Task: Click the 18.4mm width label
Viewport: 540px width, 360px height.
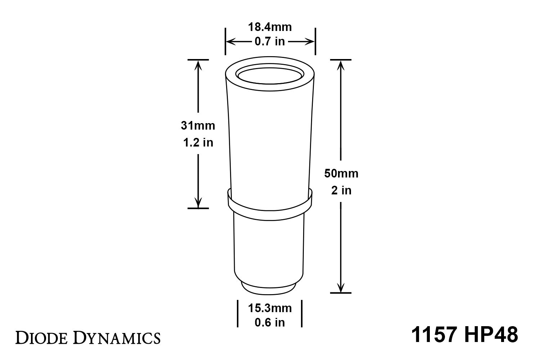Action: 270,27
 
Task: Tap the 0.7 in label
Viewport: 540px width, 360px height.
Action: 270,42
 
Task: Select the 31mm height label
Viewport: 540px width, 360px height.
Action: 198,126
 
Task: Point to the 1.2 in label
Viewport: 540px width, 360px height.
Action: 198,143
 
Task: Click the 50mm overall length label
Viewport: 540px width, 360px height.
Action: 341,174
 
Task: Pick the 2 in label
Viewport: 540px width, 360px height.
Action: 341,190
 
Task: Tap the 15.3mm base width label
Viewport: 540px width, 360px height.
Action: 270,308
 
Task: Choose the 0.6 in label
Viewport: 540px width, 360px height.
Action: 270,323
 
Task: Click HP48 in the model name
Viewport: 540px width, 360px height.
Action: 490,335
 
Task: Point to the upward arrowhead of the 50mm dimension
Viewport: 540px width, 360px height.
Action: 341,64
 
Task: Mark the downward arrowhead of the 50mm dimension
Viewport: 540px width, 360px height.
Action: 341,288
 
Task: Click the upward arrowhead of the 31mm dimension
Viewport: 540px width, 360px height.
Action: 198,64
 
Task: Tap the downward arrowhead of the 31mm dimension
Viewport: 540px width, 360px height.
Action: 198,203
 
